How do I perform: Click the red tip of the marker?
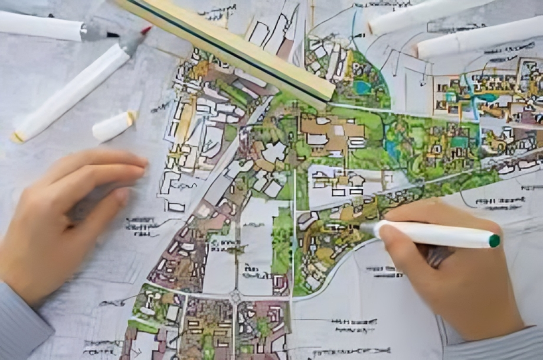pyautogui.click(x=145, y=30)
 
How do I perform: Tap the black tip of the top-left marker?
pyautogui.click(x=113, y=34)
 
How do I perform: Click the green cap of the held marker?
pyautogui.click(x=494, y=241)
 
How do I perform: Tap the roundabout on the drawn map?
pyautogui.click(x=235, y=296)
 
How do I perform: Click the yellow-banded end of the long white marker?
pyautogui.click(x=18, y=136)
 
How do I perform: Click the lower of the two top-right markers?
pyautogui.click(x=478, y=39)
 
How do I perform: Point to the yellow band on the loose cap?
pyautogui.click(x=131, y=117)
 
